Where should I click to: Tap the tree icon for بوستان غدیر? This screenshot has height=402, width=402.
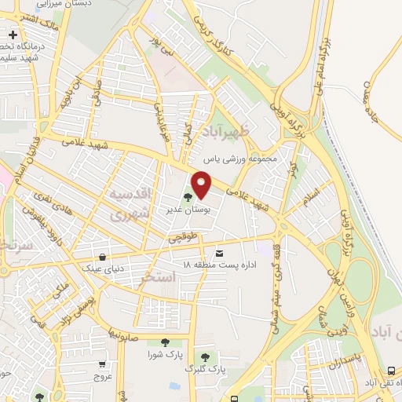[x=187, y=199]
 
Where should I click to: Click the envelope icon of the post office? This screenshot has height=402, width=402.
[x=218, y=253]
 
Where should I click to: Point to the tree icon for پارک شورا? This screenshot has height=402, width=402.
[x=164, y=342]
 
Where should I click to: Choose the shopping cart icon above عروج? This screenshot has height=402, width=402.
[x=103, y=364]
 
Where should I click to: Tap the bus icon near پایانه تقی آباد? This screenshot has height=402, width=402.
[x=392, y=371]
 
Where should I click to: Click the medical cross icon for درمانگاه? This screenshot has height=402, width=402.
[x=13, y=35]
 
